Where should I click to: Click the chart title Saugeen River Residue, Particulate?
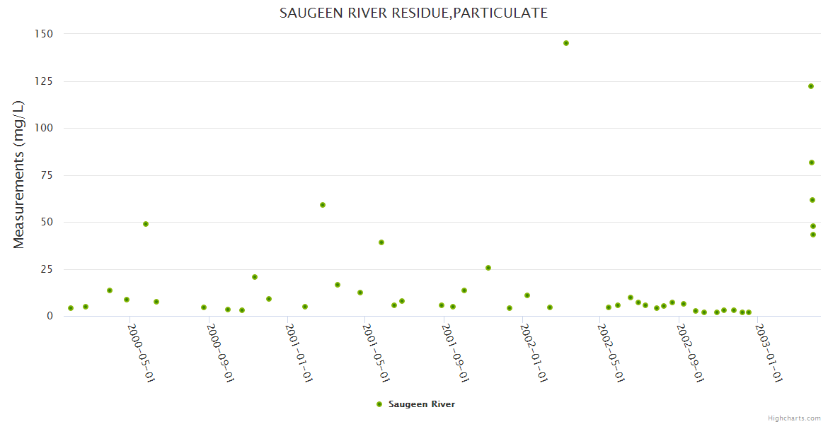coord(413,13)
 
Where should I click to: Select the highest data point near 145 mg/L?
coord(566,43)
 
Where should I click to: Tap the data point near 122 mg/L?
coord(811,86)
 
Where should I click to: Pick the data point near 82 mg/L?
coord(812,163)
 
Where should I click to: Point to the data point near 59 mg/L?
coord(323,205)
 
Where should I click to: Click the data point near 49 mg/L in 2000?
coord(146,224)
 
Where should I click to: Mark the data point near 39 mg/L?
coord(381,242)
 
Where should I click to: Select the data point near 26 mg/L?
coord(488,268)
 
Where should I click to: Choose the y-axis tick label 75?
coord(46,175)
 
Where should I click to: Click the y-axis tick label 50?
coord(46,222)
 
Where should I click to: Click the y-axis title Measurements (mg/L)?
coord(19,175)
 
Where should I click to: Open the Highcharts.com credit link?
coord(794,418)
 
